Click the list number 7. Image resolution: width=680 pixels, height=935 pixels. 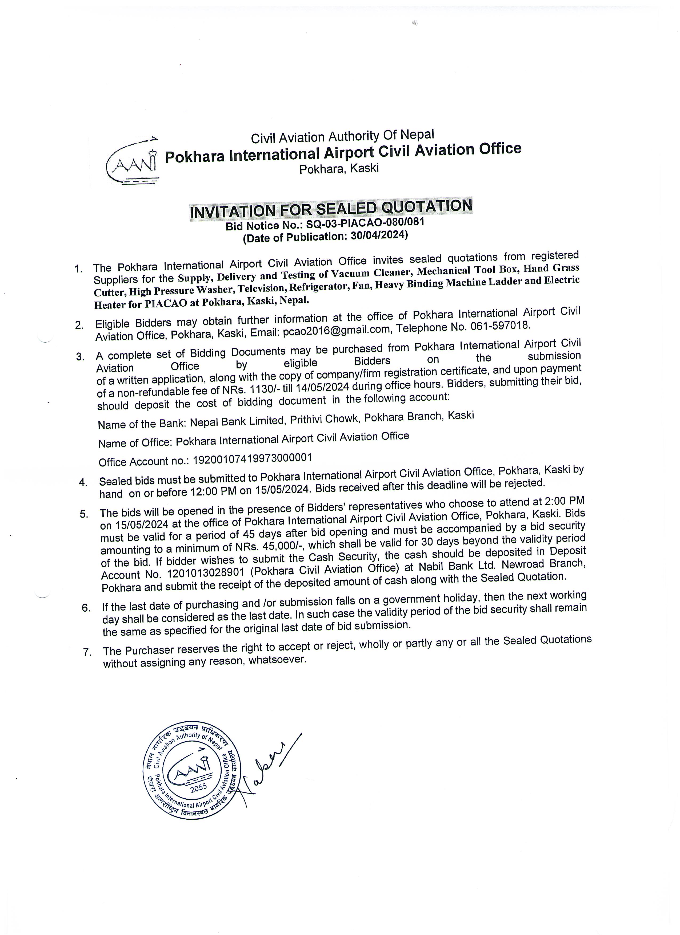(x=87, y=652)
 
